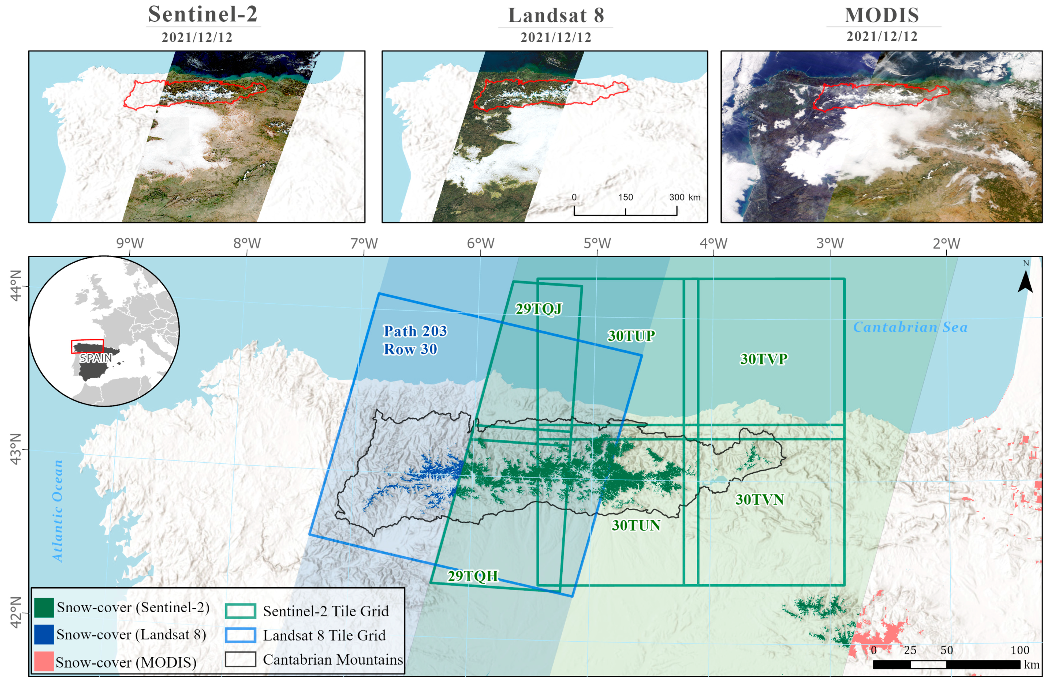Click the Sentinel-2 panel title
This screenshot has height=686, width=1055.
[203, 14]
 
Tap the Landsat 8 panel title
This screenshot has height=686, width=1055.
[556, 16]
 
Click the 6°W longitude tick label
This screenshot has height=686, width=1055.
[481, 243]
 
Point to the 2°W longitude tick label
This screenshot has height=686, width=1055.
[946, 243]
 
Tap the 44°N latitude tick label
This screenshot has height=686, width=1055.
[16, 286]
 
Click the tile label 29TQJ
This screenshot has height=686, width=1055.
[539, 308]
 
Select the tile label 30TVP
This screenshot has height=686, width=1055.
[763, 359]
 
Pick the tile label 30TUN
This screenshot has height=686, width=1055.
[636, 525]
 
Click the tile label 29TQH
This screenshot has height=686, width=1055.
[473, 576]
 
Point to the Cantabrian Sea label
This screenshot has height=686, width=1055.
[910, 327]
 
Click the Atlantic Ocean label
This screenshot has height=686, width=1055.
[58, 511]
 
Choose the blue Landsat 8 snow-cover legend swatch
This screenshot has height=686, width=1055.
[44, 634]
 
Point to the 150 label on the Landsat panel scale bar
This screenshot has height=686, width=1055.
[626, 197]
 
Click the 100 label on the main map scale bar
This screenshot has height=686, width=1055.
[1019, 650]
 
